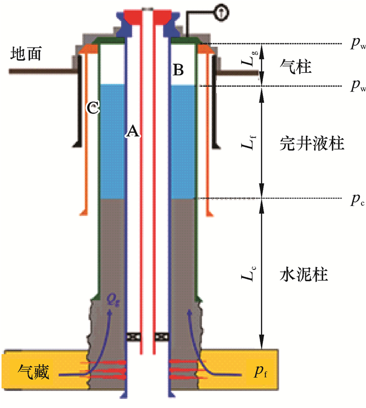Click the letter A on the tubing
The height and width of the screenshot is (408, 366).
(132, 131)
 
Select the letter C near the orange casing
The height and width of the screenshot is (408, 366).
(93, 108)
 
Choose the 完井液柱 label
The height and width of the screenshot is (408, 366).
(311, 143)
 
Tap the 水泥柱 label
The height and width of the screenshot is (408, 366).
(303, 273)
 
